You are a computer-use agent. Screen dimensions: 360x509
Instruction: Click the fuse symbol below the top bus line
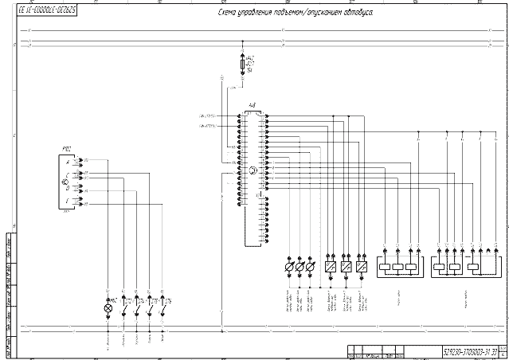point(244,62)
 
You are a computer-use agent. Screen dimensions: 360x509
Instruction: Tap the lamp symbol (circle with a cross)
point(108,307)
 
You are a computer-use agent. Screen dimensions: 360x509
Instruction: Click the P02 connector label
point(67,149)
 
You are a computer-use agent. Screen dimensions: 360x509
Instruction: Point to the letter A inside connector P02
point(68,162)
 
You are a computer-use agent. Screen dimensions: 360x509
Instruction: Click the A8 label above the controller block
point(253,104)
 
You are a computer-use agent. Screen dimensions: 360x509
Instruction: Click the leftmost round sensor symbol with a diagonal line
point(289,268)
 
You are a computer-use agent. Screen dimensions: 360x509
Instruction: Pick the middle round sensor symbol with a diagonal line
point(300,268)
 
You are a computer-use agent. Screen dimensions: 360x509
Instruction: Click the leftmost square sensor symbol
point(330,268)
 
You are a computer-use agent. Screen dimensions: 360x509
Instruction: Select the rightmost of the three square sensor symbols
point(362,268)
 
